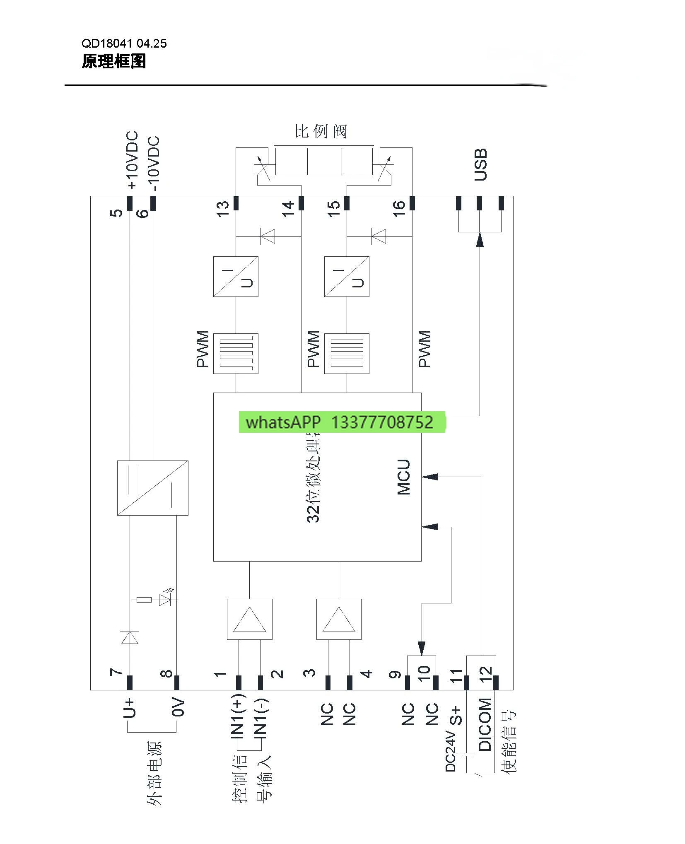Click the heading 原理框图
point(113,61)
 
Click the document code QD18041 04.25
point(124,43)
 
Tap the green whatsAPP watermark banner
point(341,422)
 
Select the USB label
point(480,164)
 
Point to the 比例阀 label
point(321,132)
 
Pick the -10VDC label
point(154,163)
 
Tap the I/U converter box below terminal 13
point(236,276)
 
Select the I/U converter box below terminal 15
point(347,276)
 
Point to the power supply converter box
point(152,488)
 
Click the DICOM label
point(485,724)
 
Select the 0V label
point(177,707)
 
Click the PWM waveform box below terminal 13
point(236,353)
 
